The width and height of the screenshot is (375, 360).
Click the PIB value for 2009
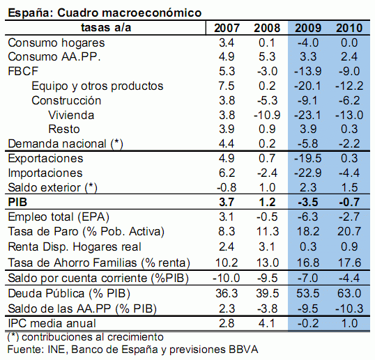[308, 202]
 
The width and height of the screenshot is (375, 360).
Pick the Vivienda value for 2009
[308, 115]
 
